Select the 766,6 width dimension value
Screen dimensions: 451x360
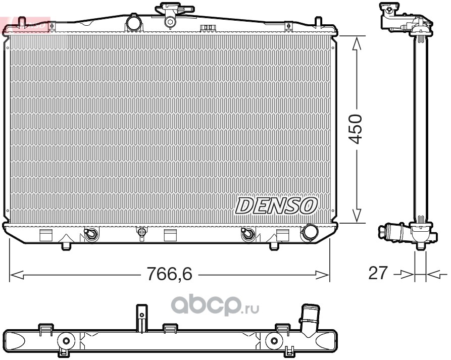(169, 274)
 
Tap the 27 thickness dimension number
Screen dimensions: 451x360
(378, 273)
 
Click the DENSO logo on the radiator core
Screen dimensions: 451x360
(276, 205)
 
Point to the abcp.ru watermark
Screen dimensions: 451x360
(215, 306)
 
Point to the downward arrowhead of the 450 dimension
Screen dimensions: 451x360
(357, 215)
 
